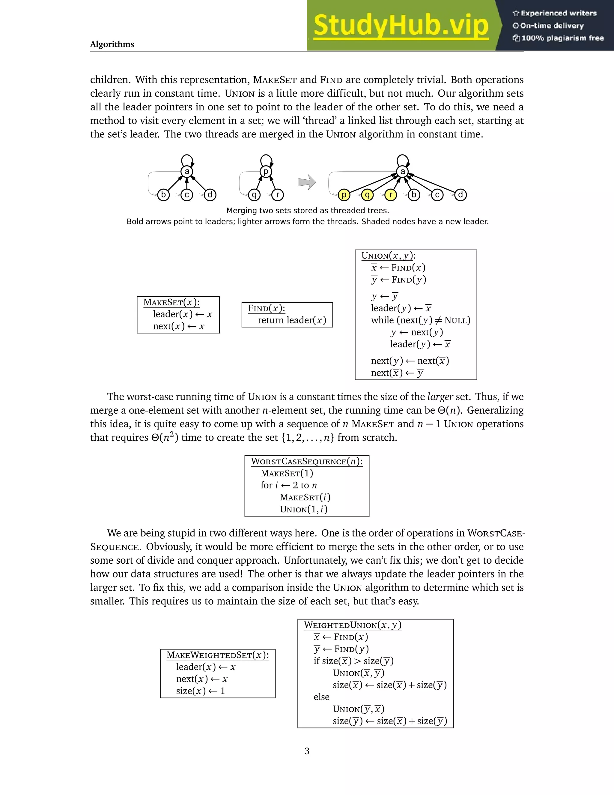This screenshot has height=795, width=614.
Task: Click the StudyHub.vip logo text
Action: pyautogui.click(x=401, y=25)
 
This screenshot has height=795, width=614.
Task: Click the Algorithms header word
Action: pyautogui.click(x=112, y=44)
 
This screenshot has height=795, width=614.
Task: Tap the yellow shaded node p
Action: pyautogui.click(x=344, y=195)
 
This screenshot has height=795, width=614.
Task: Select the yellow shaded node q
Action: pyautogui.click(x=367, y=195)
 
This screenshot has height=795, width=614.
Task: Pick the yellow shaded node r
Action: pyautogui.click(x=390, y=195)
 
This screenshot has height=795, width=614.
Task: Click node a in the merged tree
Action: pyautogui.click(x=402, y=171)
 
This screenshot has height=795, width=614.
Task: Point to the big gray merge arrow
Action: pyautogui.click(x=307, y=182)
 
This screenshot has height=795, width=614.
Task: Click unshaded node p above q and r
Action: pyautogui.click(x=266, y=171)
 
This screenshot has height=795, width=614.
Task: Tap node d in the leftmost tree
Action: pyautogui.click(x=210, y=195)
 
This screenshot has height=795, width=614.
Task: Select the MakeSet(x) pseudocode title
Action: pyautogui.click(x=171, y=302)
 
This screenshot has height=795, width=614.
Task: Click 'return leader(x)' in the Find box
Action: pyautogui.click(x=292, y=320)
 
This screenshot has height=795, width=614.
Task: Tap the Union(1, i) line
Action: pyautogui.click(x=303, y=509)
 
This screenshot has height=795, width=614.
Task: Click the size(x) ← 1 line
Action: pyautogui.click(x=201, y=691)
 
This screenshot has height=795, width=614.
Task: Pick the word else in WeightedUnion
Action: pyautogui.click(x=322, y=697)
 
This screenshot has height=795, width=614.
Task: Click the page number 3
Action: pyautogui.click(x=307, y=751)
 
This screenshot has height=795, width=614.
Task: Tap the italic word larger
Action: pyautogui.click(x=440, y=396)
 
